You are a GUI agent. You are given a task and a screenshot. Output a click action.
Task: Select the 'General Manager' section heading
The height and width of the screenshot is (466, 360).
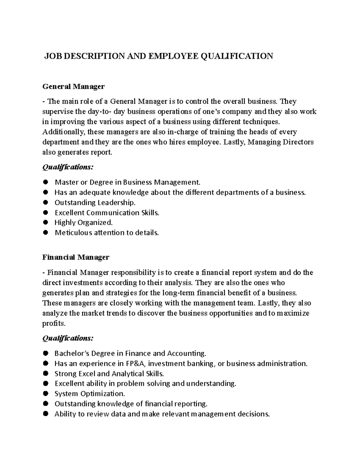73,87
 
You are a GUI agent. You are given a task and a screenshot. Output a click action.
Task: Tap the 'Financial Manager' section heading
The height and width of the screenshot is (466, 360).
76,257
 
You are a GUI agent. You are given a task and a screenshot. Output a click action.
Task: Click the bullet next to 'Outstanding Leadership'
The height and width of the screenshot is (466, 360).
46,203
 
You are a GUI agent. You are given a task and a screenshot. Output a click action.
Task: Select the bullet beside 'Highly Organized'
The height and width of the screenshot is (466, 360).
46,222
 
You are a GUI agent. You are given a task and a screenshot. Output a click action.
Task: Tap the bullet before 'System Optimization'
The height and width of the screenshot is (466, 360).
46,393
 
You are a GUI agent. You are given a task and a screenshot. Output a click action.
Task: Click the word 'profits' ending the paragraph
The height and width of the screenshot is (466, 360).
53,323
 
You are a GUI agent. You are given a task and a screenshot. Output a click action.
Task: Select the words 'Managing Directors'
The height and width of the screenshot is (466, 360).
280,142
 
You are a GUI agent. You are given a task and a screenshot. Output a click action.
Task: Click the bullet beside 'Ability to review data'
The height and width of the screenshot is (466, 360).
46,414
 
